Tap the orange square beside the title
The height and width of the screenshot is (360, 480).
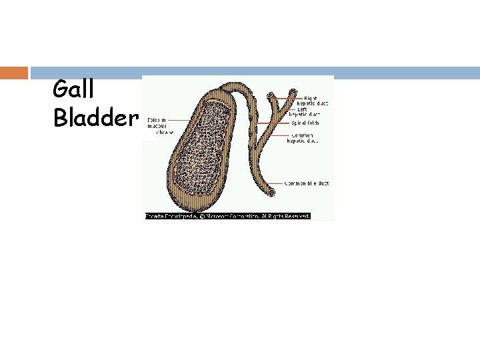point(14,72)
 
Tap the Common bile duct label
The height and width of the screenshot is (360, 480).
point(307,183)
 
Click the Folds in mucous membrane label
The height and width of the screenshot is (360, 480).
point(158,126)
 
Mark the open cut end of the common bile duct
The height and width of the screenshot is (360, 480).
point(271,192)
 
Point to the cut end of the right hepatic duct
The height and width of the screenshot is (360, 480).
point(271,97)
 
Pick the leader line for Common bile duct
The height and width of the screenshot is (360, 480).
point(279,183)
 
